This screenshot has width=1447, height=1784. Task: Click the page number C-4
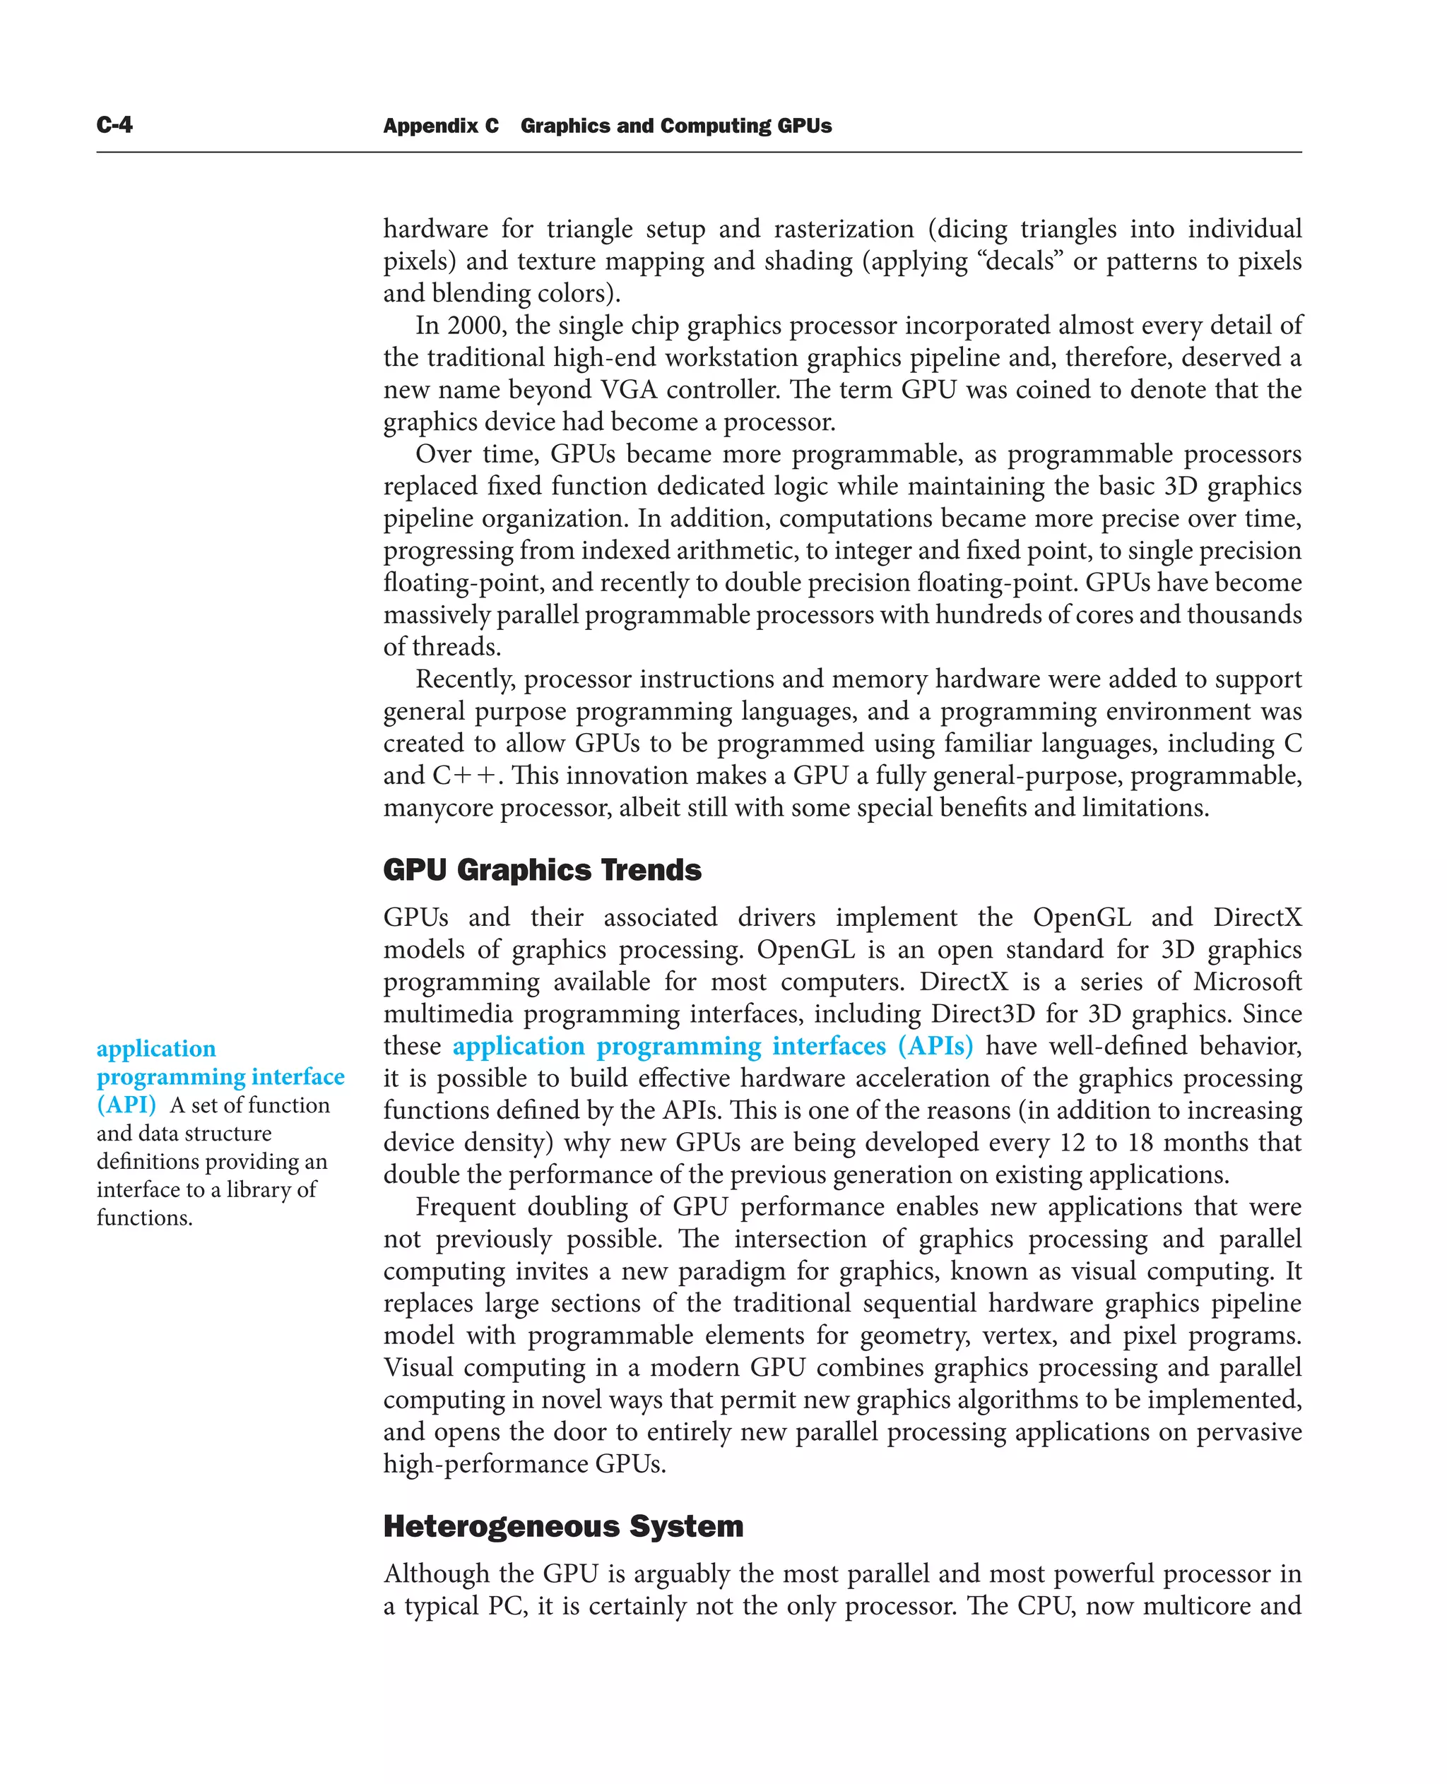click(114, 125)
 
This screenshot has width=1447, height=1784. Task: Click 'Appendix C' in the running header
click(440, 126)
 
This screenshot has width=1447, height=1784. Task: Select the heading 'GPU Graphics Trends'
click(542, 870)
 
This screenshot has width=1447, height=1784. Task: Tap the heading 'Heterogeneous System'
click(562, 1526)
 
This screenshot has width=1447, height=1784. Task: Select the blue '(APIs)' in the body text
click(935, 1046)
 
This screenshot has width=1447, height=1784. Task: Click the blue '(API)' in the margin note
click(126, 1105)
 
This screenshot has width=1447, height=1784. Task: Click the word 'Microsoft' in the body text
click(1247, 982)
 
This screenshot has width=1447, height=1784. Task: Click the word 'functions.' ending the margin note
click(144, 1218)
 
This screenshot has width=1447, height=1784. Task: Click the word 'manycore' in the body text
click(437, 808)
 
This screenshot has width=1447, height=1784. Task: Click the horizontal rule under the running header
click(699, 153)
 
